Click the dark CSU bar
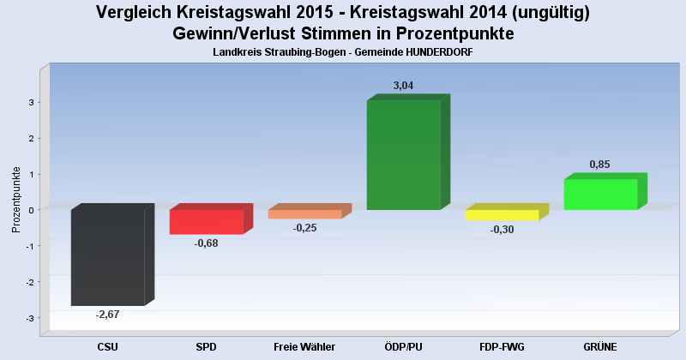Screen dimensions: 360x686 pos(107,257)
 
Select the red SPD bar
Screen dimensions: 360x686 pos(206,222)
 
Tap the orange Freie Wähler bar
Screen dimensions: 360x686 pos(304,214)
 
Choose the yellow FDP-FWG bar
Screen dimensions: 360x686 pos(502,215)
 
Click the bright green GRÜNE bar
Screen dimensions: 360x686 pos(600,194)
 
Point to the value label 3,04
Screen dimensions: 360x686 pos(403,86)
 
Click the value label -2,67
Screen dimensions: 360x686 pos(107,315)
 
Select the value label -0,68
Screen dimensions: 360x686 pos(206,243)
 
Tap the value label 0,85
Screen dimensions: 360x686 pos(600,165)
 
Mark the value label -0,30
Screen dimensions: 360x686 pos(502,230)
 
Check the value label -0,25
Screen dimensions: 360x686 pos(304,228)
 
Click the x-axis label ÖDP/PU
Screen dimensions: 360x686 pos(403,346)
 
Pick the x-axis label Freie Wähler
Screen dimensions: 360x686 pos(304,346)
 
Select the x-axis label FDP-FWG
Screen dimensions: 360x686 pos(502,346)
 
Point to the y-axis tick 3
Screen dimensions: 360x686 pos(30,102)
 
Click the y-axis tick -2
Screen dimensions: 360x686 pos(28,282)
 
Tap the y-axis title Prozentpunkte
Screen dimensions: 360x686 pos(15,199)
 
